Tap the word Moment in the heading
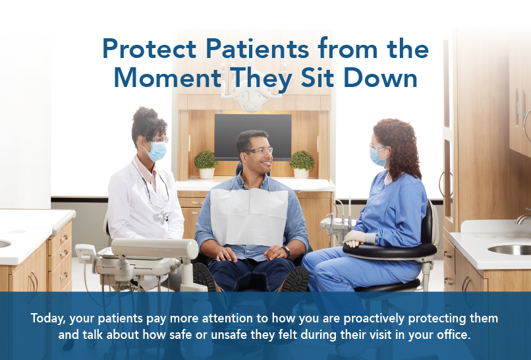(x=159, y=78)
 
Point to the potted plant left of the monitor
(x=206, y=162)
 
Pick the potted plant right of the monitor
(x=302, y=162)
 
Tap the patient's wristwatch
(x=287, y=251)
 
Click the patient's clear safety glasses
(x=260, y=152)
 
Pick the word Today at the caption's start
(x=48, y=318)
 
